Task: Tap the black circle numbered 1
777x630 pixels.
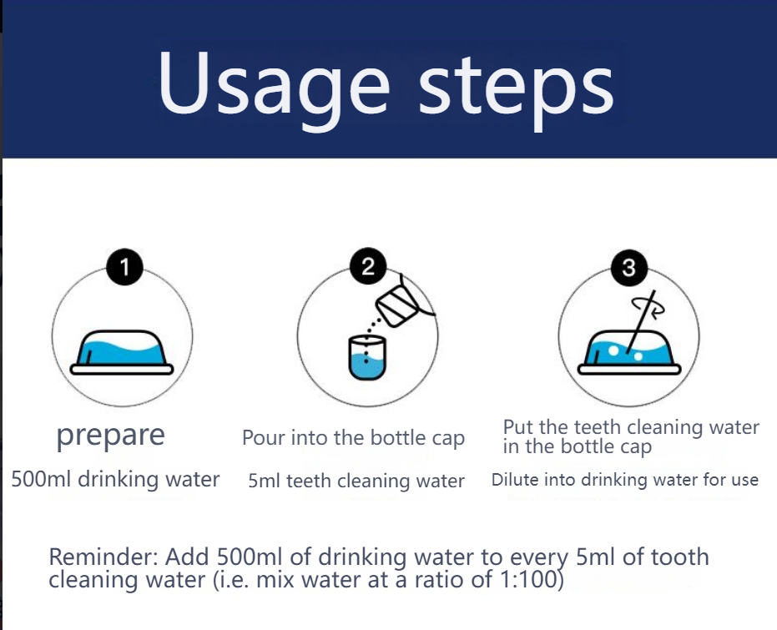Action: click(124, 268)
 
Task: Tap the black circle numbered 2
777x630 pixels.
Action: click(367, 268)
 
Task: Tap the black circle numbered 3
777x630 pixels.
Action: click(628, 268)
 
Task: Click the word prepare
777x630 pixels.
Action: click(110, 435)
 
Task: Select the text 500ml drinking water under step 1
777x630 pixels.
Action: click(115, 480)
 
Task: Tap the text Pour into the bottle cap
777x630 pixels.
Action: click(353, 438)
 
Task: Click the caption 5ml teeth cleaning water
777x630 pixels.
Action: click(356, 481)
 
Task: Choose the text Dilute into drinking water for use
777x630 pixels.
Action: click(624, 480)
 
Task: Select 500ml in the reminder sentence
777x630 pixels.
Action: click(240, 557)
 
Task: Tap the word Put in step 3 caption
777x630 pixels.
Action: click(518, 428)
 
